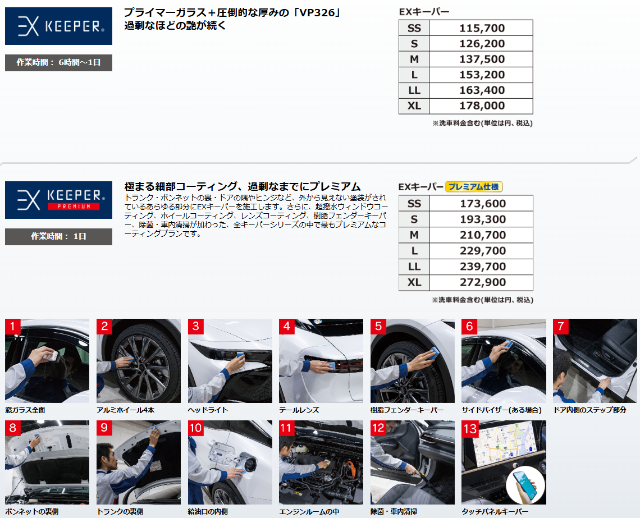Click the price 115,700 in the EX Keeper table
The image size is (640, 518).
pyautogui.click(x=482, y=28)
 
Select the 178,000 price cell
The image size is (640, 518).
pyautogui.click(x=482, y=106)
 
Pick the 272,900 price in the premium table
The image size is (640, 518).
pyautogui.click(x=482, y=282)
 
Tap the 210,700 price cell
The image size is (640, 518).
pyautogui.click(x=482, y=235)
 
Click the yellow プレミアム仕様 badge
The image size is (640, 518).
pyautogui.click(x=473, y=187)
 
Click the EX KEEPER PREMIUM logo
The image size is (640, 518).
pyautogui.click(x=58, y=200)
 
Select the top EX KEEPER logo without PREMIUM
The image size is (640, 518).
pyautogui.click(x=58, y=26)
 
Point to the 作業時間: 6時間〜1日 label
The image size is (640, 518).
pyautogui.click(x=58, y=62)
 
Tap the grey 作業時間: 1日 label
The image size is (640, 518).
pyautogui.click(x=58, y=237)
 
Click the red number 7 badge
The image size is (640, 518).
pyautogui.click(x=560, y=326)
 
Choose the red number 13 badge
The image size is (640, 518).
pyautogui.click(x=470, y=428)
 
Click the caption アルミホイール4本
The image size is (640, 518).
pyautogui.click(x=125, y=410)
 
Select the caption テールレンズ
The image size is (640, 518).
pyautogui.click(x=299, y=410)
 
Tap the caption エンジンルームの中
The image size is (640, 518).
pyautogui.click(x=309, y=511)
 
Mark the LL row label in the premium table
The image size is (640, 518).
pyautogui.click(x=414, y=267)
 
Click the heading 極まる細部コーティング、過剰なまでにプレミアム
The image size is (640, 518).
pyautogui.click(x=243, y=187)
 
